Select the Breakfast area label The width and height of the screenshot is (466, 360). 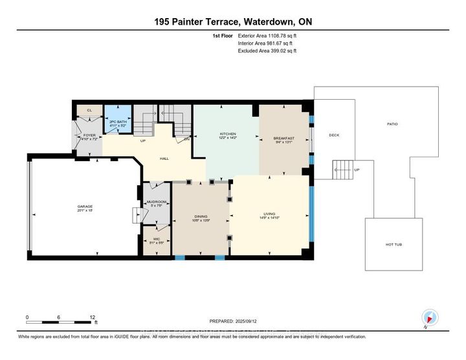[283, 138]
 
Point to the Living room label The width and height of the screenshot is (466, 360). [269, 214]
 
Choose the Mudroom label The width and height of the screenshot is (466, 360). [157, 202]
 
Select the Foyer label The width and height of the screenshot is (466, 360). [89, 136]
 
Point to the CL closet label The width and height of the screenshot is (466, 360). [89, 111]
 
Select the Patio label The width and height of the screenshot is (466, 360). [392, 124]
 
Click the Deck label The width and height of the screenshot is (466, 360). [334, 135]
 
